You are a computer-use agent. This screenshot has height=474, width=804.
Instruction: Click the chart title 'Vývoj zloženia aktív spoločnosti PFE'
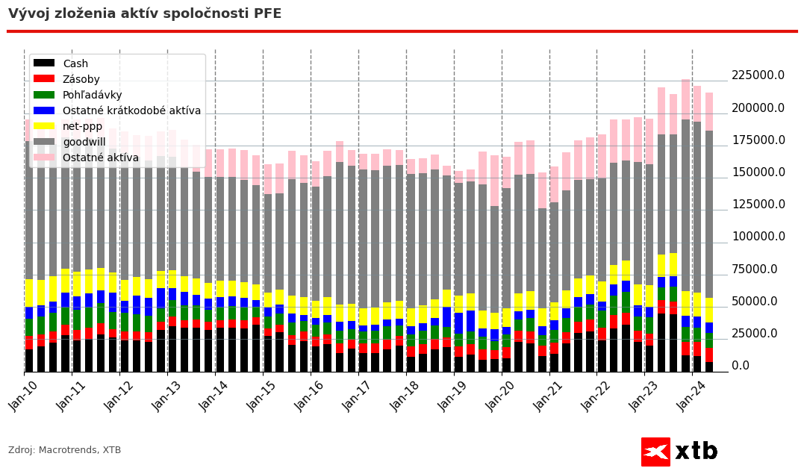(x=145, y=13)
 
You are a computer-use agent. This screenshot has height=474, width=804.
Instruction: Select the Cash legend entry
(x=75, y=64)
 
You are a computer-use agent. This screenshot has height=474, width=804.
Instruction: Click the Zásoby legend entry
(x=81, y=80)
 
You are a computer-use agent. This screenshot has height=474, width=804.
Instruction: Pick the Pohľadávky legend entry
(x=92, y=96)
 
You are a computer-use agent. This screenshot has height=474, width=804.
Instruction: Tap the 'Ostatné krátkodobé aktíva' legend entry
(x=131, y=111)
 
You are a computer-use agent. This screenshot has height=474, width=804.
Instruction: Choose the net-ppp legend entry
(x=83, y=127)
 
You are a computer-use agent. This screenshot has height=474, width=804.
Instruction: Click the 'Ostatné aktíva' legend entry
(x=100, y=158)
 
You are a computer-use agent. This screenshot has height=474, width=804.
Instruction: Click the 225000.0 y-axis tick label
(x=758, y=75)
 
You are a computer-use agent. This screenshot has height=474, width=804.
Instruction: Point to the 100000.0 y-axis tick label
(x=758, y=237)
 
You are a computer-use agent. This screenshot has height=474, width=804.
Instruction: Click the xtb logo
(x=679, y=452)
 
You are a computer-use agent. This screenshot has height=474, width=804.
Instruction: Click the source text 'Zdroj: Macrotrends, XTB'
(x=64, y=450)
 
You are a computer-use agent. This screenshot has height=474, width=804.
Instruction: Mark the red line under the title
(x=402, y=31)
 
